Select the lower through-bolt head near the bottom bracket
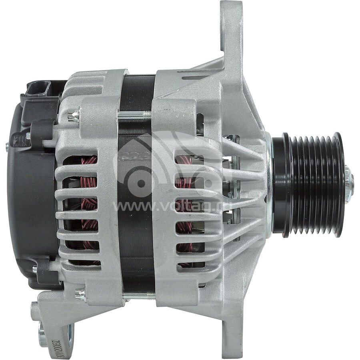click(80, 295)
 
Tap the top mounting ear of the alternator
click(232, 24)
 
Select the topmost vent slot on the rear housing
click(80, 160)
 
